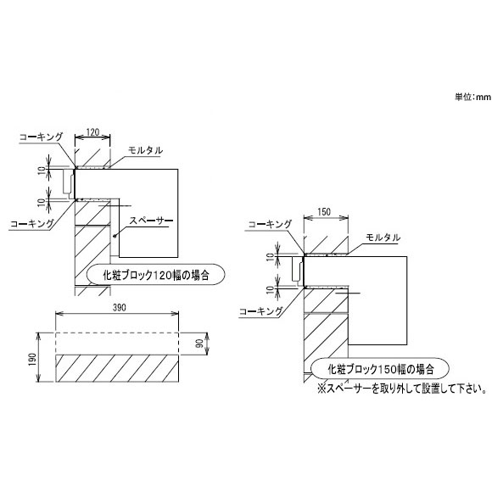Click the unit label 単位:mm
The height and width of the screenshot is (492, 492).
tap(472, 97)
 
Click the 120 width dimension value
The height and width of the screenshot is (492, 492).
tap(92, 132)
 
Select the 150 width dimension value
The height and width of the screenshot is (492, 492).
tap(324, 212)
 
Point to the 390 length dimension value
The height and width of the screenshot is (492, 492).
tap(120, 307)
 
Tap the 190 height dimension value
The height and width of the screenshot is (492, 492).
tap(32, 360)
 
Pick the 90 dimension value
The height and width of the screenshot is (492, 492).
tap(199, 344)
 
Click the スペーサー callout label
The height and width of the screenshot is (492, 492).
tap(151, 221)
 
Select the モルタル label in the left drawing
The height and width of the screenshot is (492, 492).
tap(146, 150)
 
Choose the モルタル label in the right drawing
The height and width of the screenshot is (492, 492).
tap(383, 238)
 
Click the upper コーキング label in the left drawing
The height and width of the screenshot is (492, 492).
tap(41, 137)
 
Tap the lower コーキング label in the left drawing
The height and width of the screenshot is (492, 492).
tap(32, 224)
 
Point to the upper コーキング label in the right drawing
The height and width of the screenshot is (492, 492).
tap(270, 224)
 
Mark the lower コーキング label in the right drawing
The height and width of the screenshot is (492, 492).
tap(260, 311)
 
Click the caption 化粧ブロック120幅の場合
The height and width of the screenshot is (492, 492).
tap(156, 275)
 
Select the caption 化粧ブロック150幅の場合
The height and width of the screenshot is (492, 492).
tap(381, 369)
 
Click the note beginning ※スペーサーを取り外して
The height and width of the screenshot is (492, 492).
tap(402, 389)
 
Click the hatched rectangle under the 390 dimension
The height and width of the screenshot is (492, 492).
tap(117, 368)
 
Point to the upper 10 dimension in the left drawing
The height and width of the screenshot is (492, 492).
tap(42, 171)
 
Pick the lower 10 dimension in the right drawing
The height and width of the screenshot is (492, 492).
tap(270, 290)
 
